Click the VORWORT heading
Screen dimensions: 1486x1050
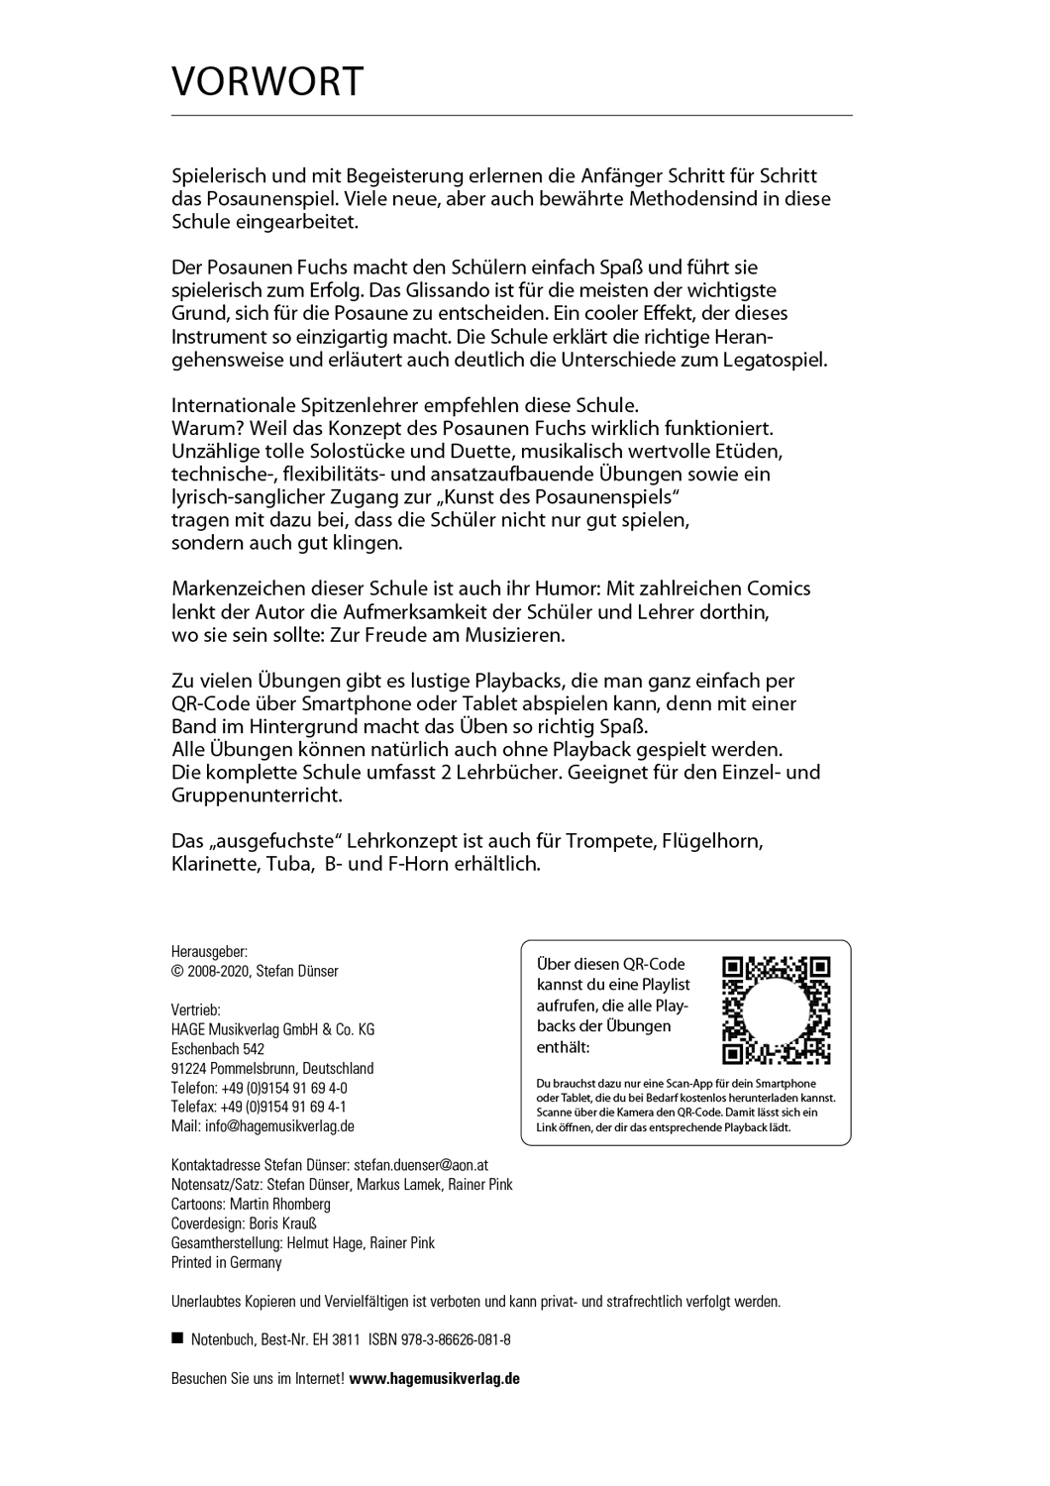pyautogui.click(x=267, y=82)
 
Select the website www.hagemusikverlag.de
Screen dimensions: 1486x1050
pyautogui.click(x=435, y=1378)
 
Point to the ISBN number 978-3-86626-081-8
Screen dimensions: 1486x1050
pyautogui.click(x=456, y=1339)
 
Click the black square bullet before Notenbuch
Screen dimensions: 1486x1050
pyautogui.click(x=178, y=1338)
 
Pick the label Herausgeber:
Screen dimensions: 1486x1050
pyautogui.click(x=208, y=951)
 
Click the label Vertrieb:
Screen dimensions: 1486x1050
pyautogui.click(x=196, y=1010)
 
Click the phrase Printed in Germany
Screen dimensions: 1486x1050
pyautogui.click(x=227, y=1262)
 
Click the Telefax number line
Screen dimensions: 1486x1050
pyautogui.click(x=259, y=1107)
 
